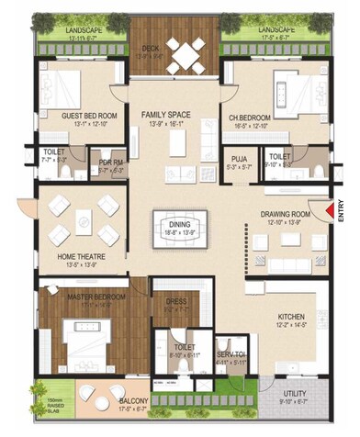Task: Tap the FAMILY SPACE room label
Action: pos(165,114)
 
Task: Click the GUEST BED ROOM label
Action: pos(86,116)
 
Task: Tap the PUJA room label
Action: pos(240,158)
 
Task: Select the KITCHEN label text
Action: pos(292,318)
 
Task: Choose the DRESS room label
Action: pos(177,300)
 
